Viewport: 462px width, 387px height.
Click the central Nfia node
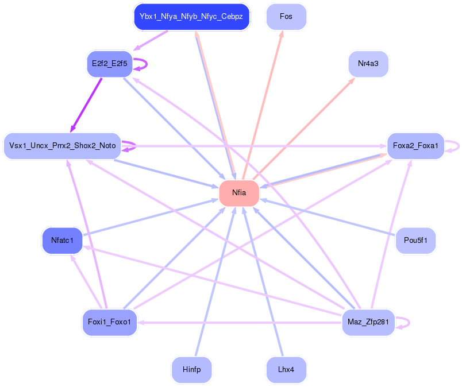pyautogui.click(x=239, y=193)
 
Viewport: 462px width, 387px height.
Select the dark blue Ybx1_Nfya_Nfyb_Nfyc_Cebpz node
pyautogui.click(x=191, y=17)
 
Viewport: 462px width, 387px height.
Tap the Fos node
pyautogui.click(x=286, y=17)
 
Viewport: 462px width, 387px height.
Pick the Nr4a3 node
pyautogui.click(x=368, y=64)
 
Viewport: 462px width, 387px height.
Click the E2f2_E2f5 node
pyautogui.click(x=109, y=64)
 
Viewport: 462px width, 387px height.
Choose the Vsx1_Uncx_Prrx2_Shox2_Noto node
pyautogui.click(x=62, y=146)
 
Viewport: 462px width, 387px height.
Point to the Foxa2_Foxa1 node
pyautogui.click(x=415, y=146)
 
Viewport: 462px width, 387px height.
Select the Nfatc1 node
pyautogui.click(x=62, y=240)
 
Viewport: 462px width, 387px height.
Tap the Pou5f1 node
pyautogui.click(x=415, y=240)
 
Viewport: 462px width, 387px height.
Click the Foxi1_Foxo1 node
pyautogui.click(x=109, y=322)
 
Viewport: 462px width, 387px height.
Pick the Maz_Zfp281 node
pyautogui.click(x=368, y=322)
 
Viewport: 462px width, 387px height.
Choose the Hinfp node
pyautogui.click(x=191, y=370)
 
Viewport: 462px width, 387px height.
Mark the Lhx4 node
pyautogui.click(x=286, y=370)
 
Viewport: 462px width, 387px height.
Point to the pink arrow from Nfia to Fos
pyautogui.click(x=263, y=103)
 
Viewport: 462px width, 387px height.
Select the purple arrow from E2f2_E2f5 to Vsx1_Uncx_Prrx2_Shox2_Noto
pyautogui.click(x=86, y=103)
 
